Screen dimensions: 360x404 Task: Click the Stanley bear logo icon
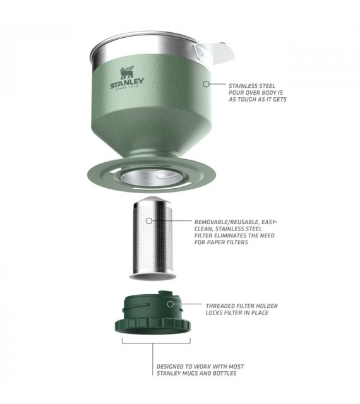pos(127,73)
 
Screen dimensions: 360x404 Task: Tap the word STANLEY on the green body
pos(127,83)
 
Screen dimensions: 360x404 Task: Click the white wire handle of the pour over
pos(215,53)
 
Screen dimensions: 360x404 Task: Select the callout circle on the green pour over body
pos(206,84)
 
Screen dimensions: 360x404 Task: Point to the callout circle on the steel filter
pos(149,221)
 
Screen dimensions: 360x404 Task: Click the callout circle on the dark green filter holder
pos(170,304)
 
